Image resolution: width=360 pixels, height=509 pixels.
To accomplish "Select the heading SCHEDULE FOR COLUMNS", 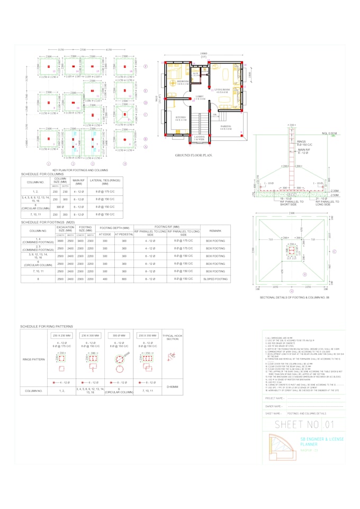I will pyautogui.click(x=42, y=174).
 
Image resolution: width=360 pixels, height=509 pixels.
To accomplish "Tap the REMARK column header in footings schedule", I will pyautogui.click(x=214, y=231).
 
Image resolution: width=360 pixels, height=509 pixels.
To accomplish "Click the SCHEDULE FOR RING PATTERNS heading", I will pyautogui.click(x=47, y=327).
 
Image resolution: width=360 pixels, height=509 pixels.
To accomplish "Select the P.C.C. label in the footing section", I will pyautogui.click(x=259, y=194).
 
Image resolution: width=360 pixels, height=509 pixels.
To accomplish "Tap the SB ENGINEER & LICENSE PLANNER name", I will pyautogui.click(x=322, y=442).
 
